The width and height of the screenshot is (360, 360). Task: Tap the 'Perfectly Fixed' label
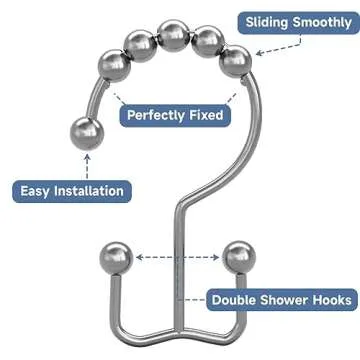tap(175, 115)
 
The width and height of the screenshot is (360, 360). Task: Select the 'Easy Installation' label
tap(73, 191)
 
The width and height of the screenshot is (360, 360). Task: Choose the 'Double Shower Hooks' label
tap(281, 299)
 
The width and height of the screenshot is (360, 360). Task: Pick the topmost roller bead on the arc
tap(174, 33)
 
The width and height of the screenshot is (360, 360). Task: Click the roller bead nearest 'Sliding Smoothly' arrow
tap(236, 62)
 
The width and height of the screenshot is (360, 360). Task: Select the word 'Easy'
tap(38, 191)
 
